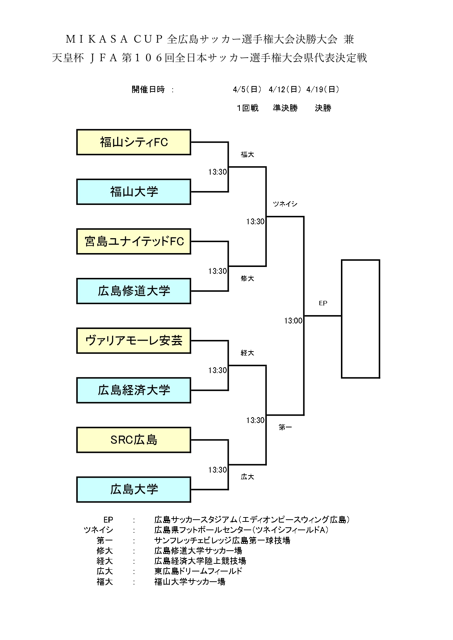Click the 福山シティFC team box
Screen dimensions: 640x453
tap(134, 142)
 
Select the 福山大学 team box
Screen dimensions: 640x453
tap(134, 192)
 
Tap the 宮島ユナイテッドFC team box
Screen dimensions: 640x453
tap(134, 241)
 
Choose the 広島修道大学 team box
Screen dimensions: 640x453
tap(134, 291)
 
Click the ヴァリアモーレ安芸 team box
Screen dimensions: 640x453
tap(134, 341)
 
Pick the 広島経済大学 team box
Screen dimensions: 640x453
tap(134, 390)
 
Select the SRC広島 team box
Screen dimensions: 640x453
tap(134, 440)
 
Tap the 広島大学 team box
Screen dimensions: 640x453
tap(134, 489)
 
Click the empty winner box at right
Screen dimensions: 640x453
tap(360, 319)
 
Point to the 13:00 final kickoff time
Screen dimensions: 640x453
tap(293, 321)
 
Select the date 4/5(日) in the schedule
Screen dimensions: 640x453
tap(247, 89)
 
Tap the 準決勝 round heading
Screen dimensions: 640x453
tap(285, 108)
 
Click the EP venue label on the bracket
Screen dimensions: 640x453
tap(323, 303)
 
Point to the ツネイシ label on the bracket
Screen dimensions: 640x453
tap(285, 204)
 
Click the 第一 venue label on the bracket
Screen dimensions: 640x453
tap(285, 427)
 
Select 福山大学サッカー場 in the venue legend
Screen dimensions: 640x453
tap(190, 582)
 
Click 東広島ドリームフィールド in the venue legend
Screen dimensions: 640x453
tap(198, 571)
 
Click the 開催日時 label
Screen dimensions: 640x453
tap(148, 89)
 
